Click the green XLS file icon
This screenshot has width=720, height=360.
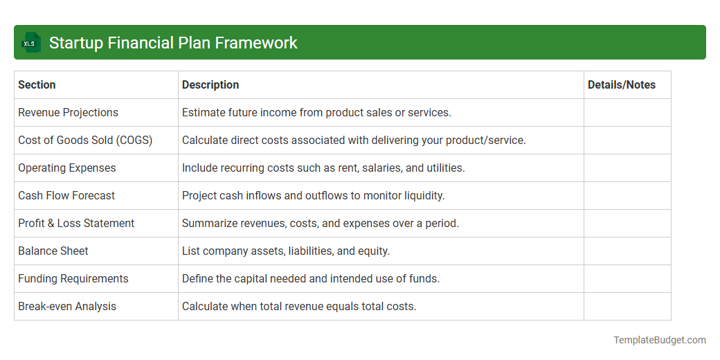30,43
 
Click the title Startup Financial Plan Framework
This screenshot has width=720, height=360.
173,43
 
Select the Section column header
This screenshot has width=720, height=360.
37,85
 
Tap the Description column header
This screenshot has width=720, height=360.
210,85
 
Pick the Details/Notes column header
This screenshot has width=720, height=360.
621,85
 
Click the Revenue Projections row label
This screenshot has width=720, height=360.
68,113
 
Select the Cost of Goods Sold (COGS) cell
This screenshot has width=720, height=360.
85,141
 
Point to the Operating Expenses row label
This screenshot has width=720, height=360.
67,168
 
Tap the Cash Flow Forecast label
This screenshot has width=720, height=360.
66,196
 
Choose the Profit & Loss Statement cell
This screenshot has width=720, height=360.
76,224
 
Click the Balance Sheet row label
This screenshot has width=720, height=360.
53,251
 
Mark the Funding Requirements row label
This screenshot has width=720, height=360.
73,279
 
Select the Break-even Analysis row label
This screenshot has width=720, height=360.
67,307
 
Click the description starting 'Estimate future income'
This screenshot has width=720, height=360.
316,113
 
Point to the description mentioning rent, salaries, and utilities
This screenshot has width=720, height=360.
323,168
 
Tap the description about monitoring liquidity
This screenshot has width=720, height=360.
313,196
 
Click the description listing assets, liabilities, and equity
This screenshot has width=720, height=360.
286,251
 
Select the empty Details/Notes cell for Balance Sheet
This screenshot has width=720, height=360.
627,251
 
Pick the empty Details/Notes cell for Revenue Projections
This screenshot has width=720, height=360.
627,113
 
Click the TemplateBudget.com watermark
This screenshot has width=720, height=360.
659,340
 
